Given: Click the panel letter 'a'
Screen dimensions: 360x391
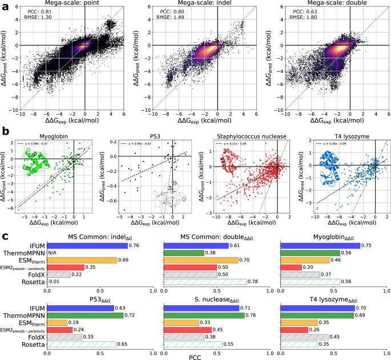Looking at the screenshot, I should tap(5, 5).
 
